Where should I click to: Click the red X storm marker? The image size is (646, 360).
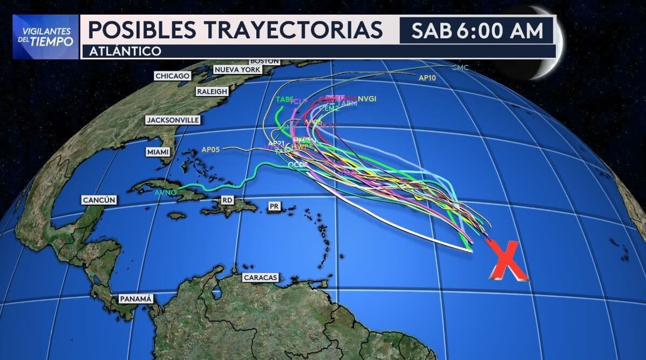pos(507,260)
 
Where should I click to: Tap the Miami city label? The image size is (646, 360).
pos(158,152)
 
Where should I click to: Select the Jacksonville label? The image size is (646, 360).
pos(173,119)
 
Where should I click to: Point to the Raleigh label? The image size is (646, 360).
pos(212,91)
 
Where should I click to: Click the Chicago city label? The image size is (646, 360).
pos(173,76)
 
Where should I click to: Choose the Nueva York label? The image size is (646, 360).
pos(237,70)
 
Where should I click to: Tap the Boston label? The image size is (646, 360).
pos(264,61)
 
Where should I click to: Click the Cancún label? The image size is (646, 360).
pos(99,200)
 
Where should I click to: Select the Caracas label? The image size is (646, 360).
pos(260,277)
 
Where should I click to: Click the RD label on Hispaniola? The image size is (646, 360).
pos(227,200)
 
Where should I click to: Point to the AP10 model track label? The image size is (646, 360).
pos(427,78)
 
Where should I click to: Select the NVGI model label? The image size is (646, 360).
pos(367,98)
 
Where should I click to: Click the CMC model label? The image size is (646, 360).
pos(460,67)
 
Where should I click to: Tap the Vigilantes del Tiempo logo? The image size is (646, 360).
pos(46,37)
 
